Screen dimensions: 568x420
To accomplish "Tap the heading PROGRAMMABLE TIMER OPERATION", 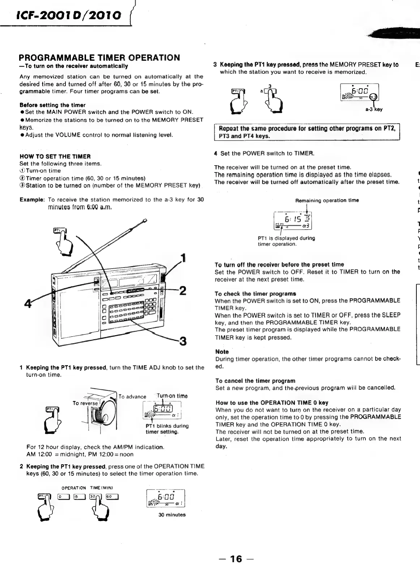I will pos(99,58).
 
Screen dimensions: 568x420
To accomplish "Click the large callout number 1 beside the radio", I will pos(184,258).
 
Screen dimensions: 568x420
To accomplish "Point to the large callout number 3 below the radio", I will pos(183,341).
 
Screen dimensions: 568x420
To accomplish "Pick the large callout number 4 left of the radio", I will pos(27,303).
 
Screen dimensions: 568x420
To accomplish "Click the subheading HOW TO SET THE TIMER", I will pos(55,157).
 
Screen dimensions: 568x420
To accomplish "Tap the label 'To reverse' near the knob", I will pos(85,403).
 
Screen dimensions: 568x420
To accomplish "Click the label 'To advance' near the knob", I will pos(132,397).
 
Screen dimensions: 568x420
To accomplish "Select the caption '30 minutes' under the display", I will pos(172,514).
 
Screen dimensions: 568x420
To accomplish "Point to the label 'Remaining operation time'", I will pos(327,200).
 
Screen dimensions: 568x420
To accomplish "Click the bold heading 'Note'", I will pos(222,351).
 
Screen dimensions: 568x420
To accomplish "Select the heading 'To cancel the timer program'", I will pos(255,381).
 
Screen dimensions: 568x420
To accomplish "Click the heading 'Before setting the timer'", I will pos(52,105).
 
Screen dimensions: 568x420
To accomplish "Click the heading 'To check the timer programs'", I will pos(255,294).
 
